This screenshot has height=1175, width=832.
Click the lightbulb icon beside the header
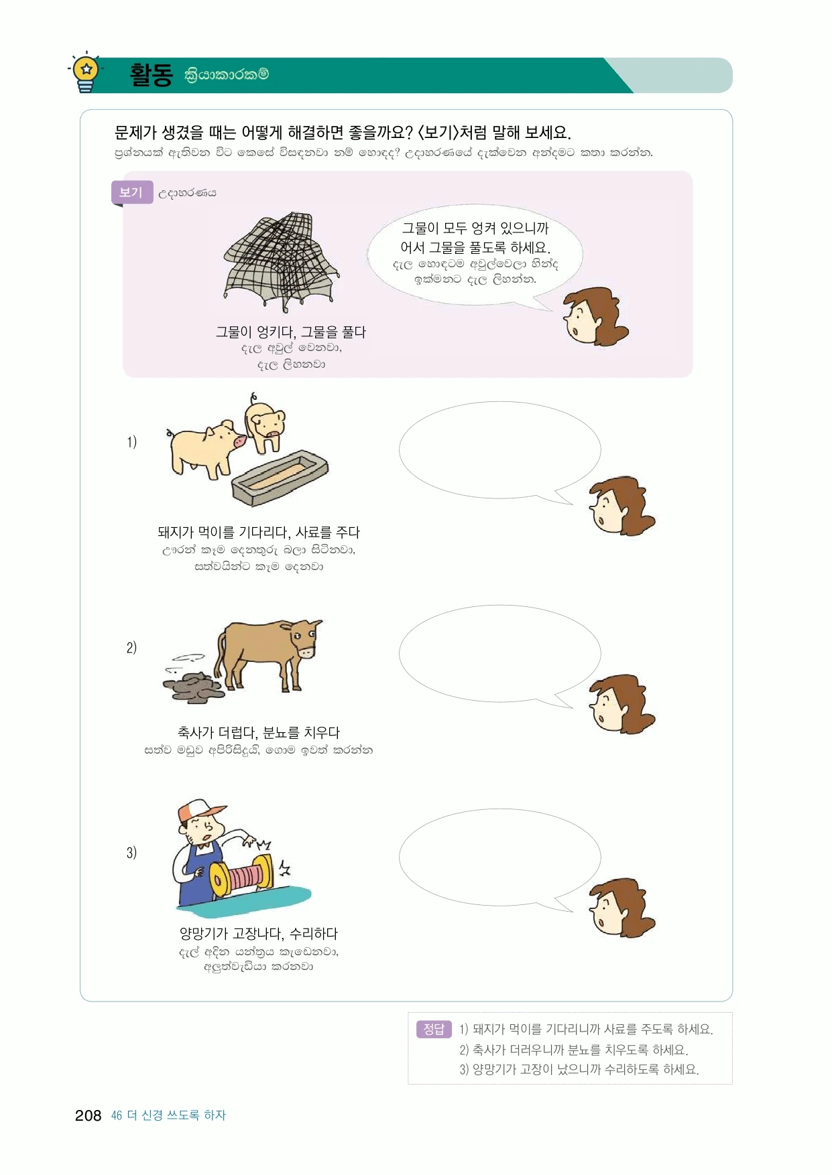coord(86,72)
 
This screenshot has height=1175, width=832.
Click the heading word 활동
coord(152,74)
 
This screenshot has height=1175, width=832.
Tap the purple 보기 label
coord(131,193)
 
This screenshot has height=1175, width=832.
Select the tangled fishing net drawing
coord(282,262)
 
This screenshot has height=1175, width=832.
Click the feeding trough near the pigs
coord(280,477)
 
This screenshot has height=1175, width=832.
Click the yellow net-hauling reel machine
coord(241,875)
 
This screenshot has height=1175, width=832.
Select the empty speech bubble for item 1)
coord(499,451)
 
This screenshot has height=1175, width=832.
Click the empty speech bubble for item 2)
coord(499,654)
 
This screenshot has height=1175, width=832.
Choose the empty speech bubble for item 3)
coord(499,858)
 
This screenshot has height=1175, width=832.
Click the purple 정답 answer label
coord(434,1029)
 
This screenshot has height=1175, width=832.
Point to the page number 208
coord(88,1115)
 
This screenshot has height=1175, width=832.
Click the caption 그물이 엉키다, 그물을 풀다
coord(290,332)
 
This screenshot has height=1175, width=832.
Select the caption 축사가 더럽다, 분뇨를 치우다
coord(259,733)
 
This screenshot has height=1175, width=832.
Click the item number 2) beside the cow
coord(131,648)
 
